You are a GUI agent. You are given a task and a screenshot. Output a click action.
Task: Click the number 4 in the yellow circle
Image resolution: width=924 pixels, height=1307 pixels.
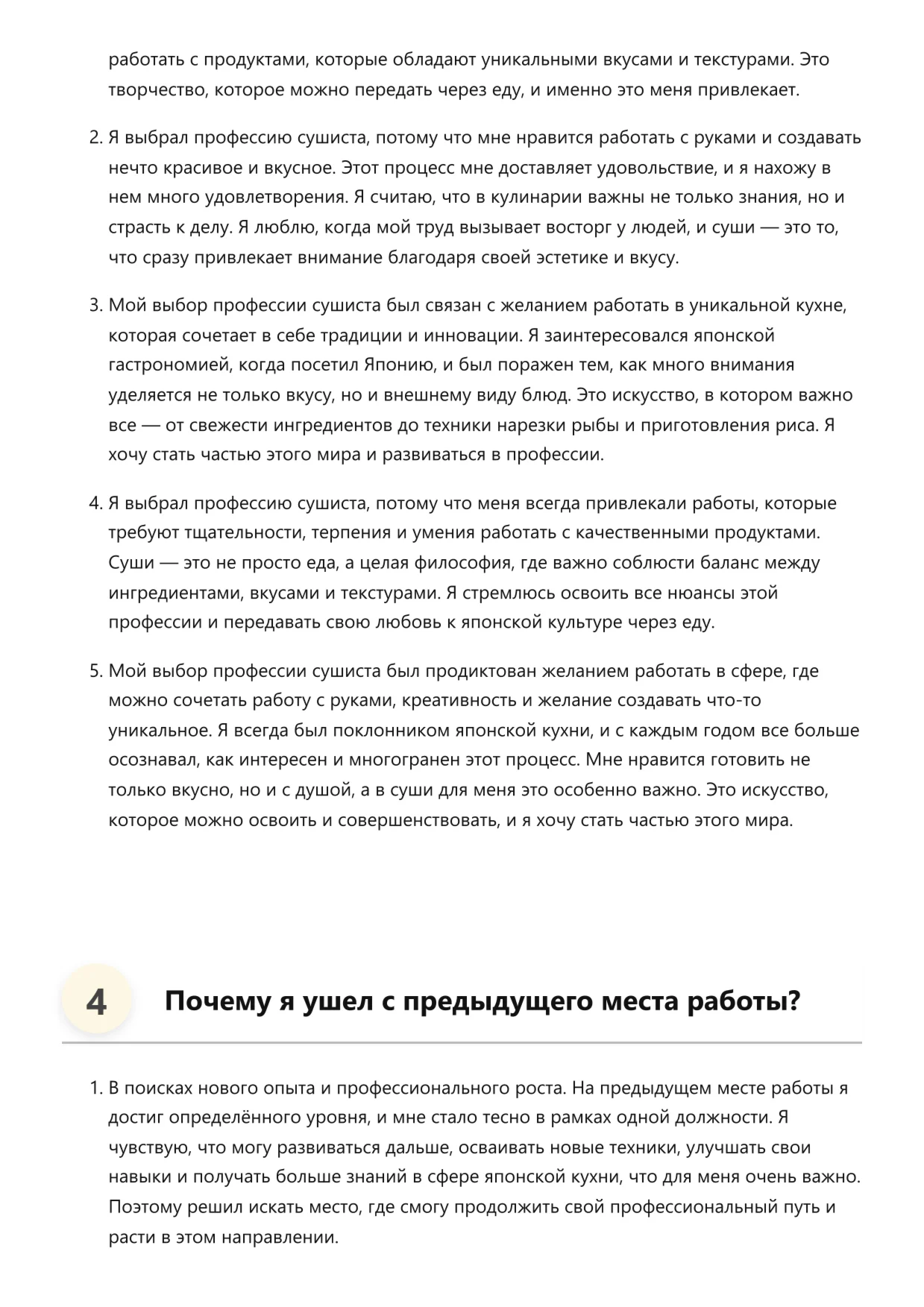coord(96,1001)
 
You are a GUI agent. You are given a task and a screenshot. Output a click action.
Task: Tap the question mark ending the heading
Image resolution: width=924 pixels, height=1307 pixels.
coord(793,1001)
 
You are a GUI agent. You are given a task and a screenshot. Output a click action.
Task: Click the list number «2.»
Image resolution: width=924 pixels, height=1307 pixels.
coord(95,138)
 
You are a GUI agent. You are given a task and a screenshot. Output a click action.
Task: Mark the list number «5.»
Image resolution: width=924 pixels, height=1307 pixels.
coord(95,671)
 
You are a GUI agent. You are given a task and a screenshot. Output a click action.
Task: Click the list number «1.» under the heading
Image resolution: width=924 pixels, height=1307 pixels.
coord(95,1089)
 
